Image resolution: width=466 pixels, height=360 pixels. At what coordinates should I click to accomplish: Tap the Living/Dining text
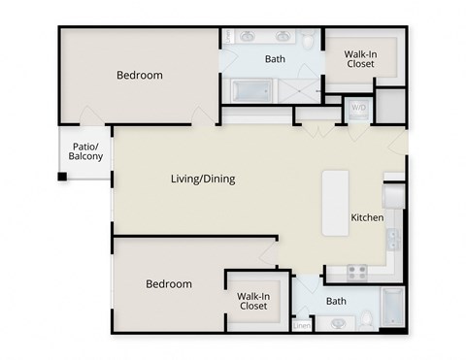tap(203, 179)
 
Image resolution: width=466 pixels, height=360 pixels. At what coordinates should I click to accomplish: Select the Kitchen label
tap(367, 217)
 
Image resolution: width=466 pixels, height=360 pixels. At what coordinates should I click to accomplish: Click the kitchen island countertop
tap(336, 202)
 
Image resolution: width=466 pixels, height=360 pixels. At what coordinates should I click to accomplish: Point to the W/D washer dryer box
tap(358, 108)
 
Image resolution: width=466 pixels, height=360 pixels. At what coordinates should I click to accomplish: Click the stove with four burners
tap(357, 272)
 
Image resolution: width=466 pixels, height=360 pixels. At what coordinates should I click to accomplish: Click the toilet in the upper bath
tap(308, 41)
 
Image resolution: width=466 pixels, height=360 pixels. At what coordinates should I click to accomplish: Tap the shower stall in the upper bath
tap(301, 90)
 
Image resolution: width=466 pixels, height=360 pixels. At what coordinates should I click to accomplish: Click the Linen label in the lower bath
tap(302, 325)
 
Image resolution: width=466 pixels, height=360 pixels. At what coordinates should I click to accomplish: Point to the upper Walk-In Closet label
tap(361, 60)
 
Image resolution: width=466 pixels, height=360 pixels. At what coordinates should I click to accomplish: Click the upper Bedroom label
tap(140, 75)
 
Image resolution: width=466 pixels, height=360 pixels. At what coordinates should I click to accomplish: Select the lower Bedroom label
tap(169, 284)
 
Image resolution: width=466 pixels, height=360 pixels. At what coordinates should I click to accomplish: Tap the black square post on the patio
tap(62, 177)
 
